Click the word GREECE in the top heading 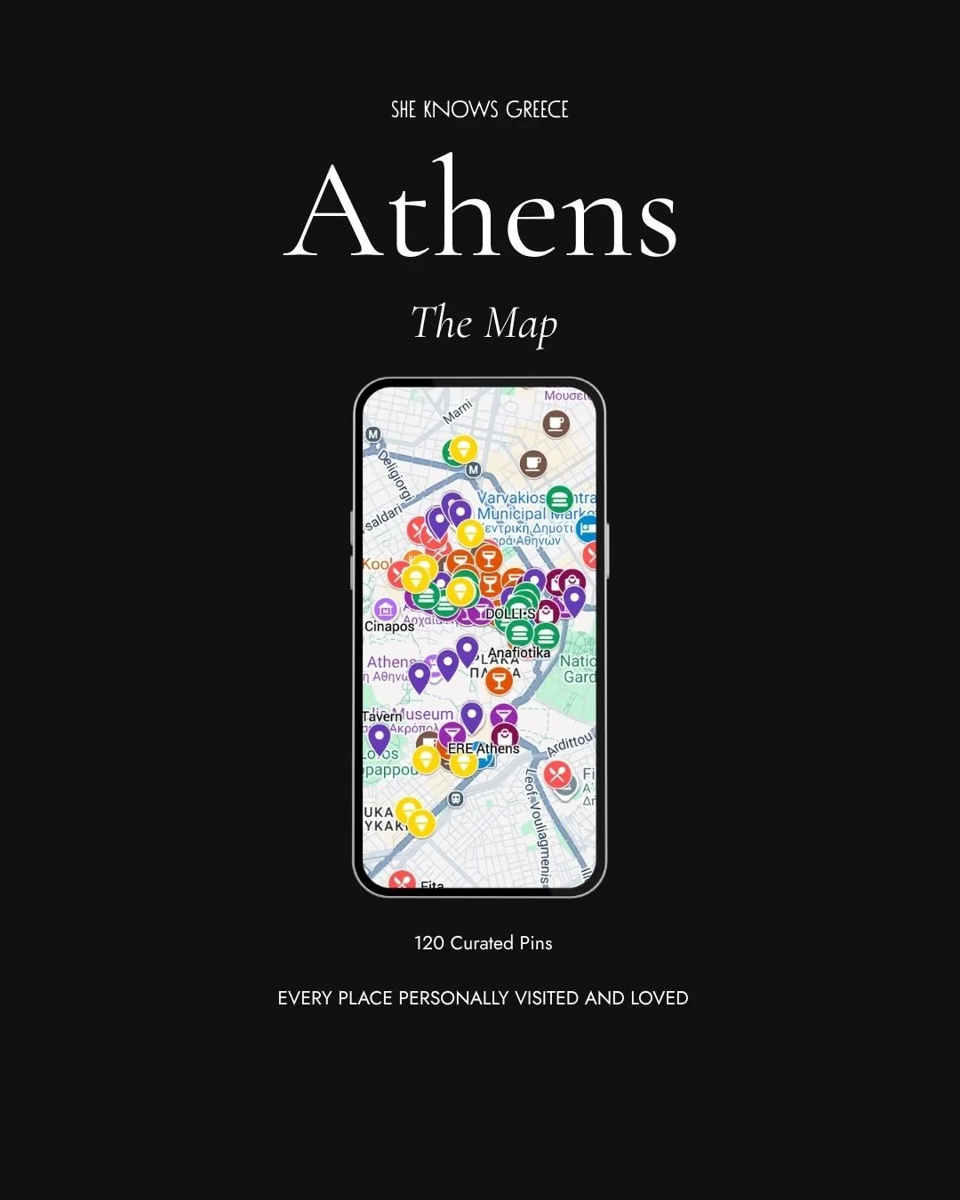(x=537, y=109)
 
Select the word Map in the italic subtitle (x=521, y=324)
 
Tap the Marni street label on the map (x=458, y=412)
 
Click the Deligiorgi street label (x=395, y=474)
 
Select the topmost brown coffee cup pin (x=556, y=423)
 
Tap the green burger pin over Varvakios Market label (x=559, y=499)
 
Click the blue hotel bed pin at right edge (x=588, y=528)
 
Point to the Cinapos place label (x=389, y=627)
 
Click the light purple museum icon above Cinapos (x=385, y=610)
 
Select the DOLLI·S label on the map (x=509, y=613)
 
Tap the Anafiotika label (x=519, y=652)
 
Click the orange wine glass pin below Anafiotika (x=499, y=681)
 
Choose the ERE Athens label (x=484, y=748)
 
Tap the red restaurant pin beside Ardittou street (x=557, y=773)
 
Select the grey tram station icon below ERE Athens (x=456, y=798)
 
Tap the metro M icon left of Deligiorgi (x=373, y=435)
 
